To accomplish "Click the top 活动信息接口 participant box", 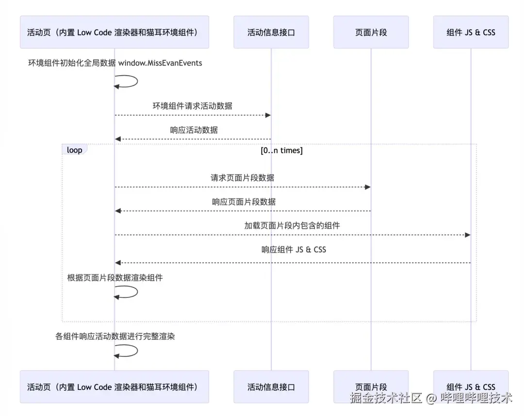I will [271, 32].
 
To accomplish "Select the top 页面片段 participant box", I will [371, 32].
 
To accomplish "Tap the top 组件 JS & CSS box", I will [471, 32].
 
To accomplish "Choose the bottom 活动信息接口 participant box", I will [271, 387].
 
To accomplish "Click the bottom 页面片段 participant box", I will [371, 387].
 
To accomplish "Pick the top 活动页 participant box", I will [115, 32].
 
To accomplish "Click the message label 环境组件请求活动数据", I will [193, 106].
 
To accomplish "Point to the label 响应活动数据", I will [194, 129].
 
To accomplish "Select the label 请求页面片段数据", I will [242, 177].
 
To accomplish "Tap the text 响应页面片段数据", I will [244, 201].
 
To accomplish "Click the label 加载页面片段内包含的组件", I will [292, 225].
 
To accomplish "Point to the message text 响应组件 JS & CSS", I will [294, 249].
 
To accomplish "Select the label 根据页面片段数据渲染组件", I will [115, 277].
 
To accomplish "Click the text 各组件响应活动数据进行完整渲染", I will [115, 336].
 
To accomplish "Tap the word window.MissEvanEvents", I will [160, 63].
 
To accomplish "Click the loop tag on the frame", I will [74, 150].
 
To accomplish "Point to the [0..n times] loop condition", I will [281, 150].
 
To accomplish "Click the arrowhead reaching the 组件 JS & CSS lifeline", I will [468, 235].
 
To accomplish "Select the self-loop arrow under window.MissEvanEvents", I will [127, 81].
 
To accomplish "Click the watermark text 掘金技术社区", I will [386, 399].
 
